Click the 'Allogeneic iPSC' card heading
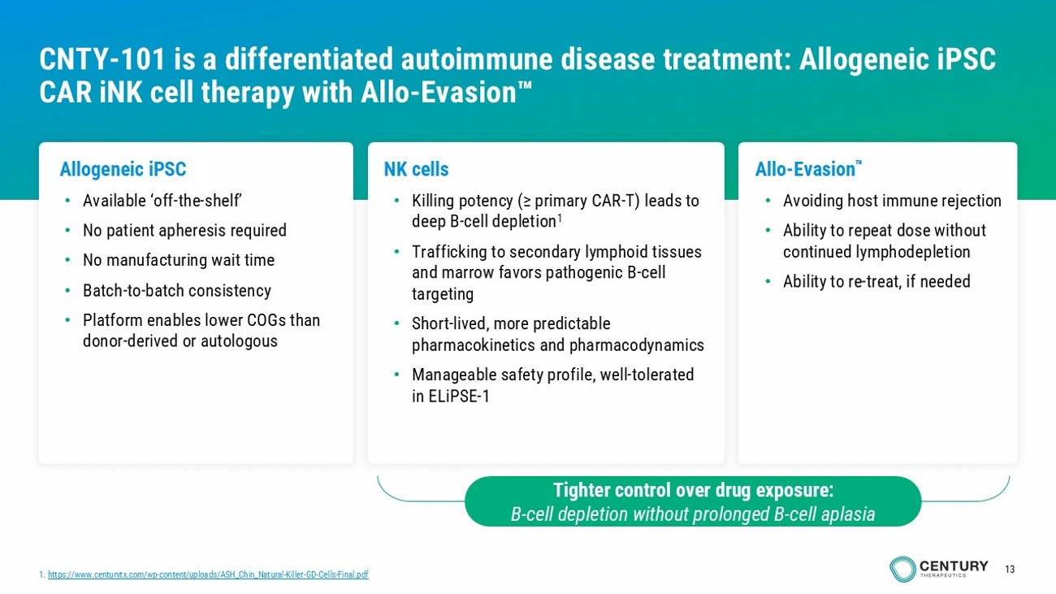pos(123,169)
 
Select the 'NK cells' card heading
pos(416,169)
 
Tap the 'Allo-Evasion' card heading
pos(805,169)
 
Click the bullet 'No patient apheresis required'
pos(184,231)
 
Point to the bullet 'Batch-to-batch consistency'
pos(176,291)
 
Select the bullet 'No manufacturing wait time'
pos(179,261)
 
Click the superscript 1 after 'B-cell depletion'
pos(560,218)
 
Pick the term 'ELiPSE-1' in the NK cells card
pos(459,397)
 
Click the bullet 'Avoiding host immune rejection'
pos(892,201)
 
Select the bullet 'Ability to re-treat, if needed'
pos(876,282)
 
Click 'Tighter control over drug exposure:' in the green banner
pos(693,490)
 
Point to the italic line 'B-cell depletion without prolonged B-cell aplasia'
pos(693,514)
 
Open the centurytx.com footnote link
pos(208,574)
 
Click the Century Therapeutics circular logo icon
pos(902,569)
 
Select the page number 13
pos(1010,570)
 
